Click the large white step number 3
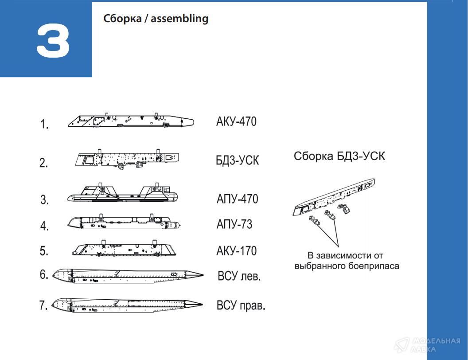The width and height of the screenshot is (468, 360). tap(54, 41)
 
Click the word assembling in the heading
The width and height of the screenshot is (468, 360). tap(179, 19)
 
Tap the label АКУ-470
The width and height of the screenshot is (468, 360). tap(236, 121)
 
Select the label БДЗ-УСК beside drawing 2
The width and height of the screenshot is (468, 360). tap(237, 160)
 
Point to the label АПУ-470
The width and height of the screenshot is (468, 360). tap(237, 199)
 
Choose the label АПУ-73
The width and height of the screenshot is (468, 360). tap(234, 224)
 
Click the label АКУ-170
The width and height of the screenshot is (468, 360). tap(236, 251)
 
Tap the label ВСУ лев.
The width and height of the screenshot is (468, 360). tap(239, 276)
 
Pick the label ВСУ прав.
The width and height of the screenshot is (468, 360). tap(241, 305)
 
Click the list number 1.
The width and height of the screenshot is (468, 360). tap(44, 124)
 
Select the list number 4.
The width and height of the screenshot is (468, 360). tap(44, 225)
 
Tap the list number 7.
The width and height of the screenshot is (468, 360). tap(43, 305)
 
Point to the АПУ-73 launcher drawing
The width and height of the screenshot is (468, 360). tap(124, 222)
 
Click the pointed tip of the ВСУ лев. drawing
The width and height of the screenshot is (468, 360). tap(203, 275)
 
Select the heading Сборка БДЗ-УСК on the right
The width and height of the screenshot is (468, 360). tap(339, 156)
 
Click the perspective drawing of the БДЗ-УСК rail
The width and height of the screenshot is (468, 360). tap(334, 197)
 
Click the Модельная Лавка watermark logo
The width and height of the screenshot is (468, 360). tap(427, 345)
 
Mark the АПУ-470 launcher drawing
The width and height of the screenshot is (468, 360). tap(122, 193)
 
